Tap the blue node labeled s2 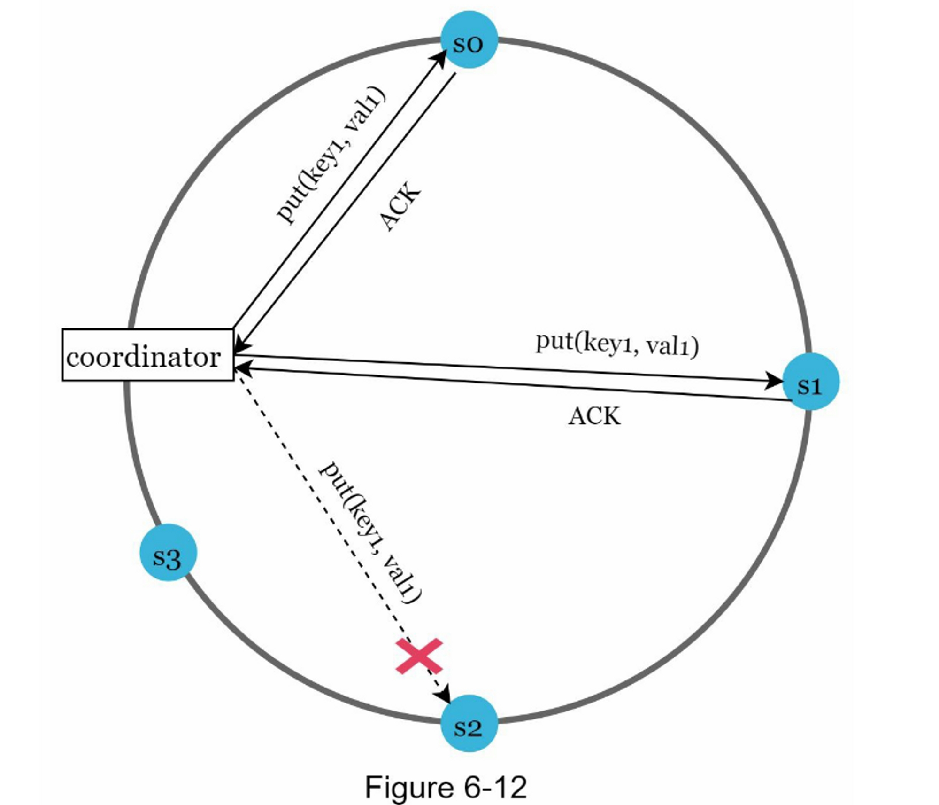[x=469, y=724]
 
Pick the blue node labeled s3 [x=168, y=553]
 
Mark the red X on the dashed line [x=419, y=656]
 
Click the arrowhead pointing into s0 [x=441, y=56]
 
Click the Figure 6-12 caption [x=446, y=787]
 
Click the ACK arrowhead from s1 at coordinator [x=241, y=369]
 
